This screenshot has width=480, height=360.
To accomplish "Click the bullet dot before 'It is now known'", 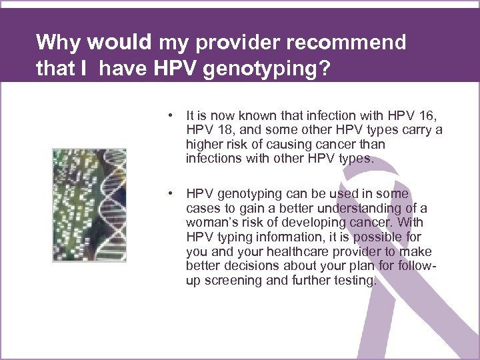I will point(172,115).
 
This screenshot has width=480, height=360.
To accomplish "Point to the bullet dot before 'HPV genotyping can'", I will point(172,194).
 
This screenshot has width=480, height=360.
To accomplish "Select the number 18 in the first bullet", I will point(220,130).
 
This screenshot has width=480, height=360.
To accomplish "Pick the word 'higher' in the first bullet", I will point(204,145).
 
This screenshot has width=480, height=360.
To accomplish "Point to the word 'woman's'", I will point(210,223).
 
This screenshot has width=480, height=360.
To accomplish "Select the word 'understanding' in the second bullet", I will point(364,208).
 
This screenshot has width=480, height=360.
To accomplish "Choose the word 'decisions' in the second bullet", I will point(247,266).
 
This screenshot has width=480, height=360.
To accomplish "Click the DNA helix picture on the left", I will point(89,204).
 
